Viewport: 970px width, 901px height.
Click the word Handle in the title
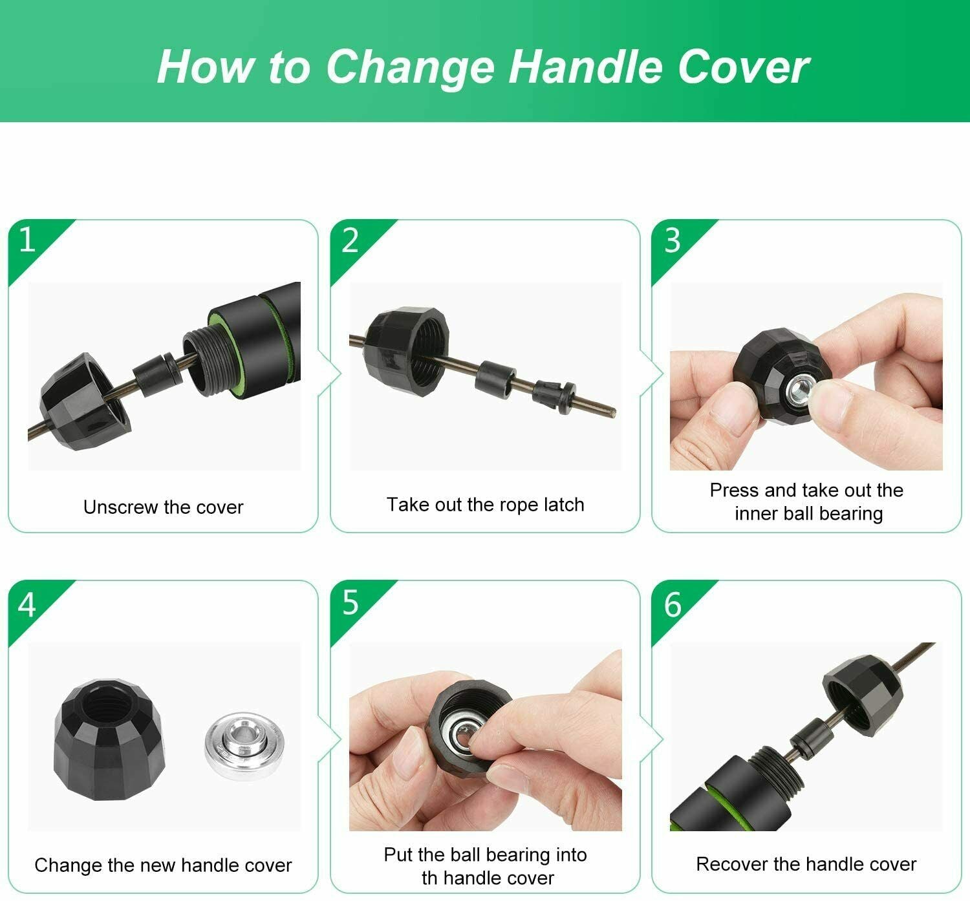[x=585, y=67]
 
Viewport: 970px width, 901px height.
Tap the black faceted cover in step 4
[x=109, y=739]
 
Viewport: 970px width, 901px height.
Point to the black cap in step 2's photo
[x=406, y=351]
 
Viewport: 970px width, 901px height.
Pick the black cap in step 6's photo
[x=863, y=695]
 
